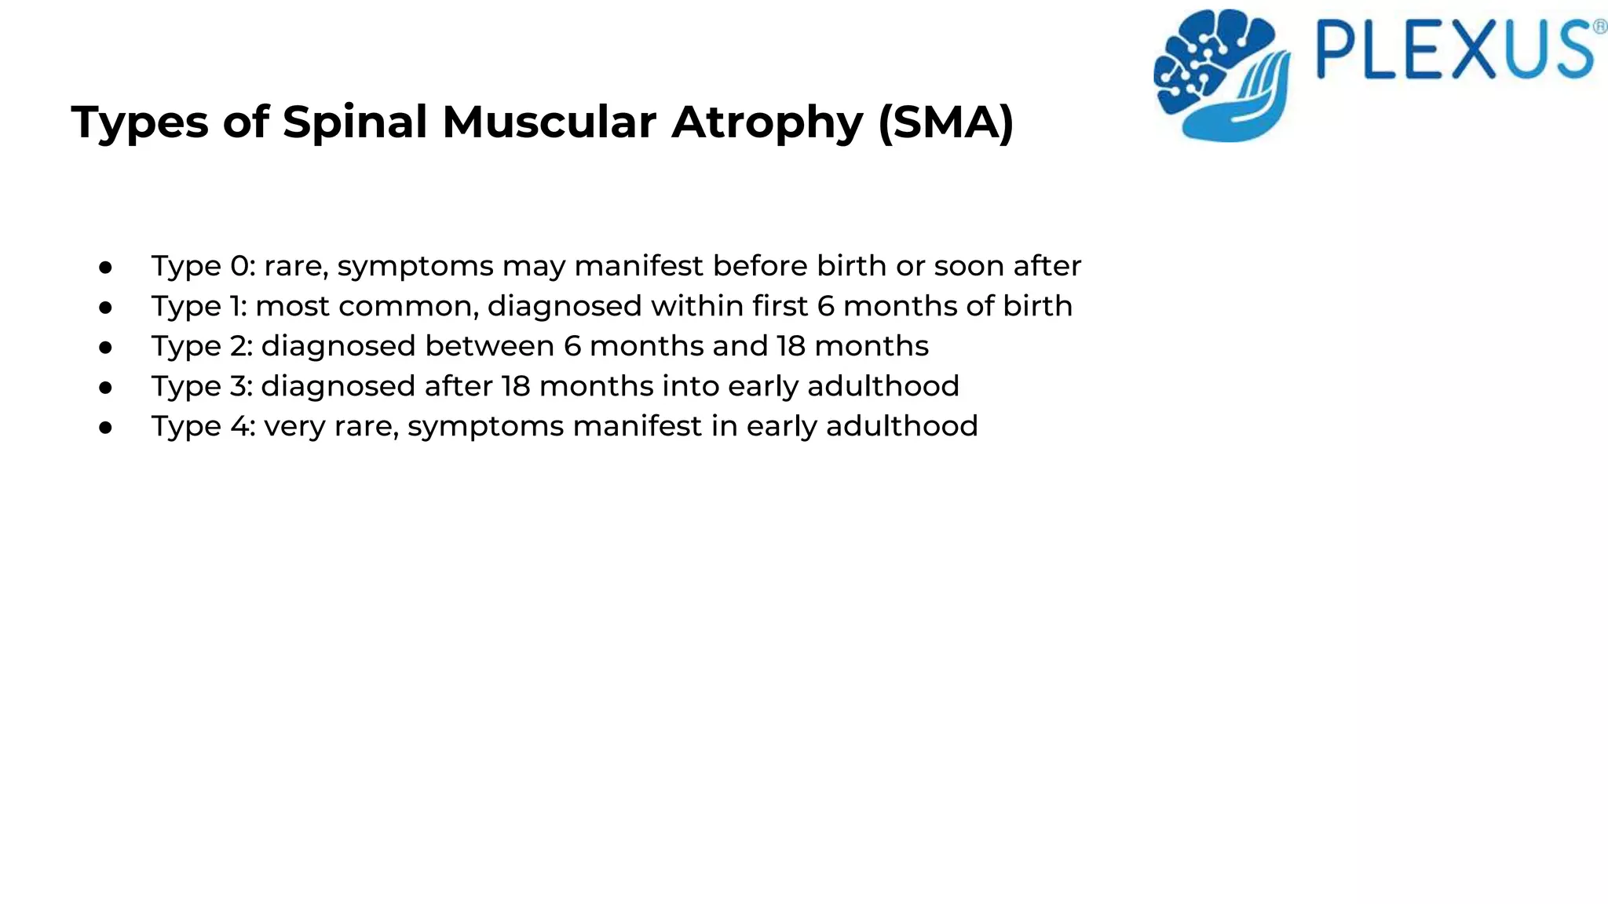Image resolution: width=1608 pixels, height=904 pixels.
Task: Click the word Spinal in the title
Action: pos(354,123)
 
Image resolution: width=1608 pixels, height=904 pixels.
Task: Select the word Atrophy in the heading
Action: pos(767,123)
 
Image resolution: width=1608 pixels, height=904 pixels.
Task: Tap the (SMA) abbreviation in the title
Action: pos(946,123)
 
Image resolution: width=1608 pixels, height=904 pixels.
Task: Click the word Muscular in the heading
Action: pos(549,123)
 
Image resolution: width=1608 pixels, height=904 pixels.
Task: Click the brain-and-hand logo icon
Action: pos(1221,75)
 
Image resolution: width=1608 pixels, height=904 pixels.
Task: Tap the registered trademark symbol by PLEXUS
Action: pos(1599,28)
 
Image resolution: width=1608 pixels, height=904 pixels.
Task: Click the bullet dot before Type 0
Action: pos(106,268)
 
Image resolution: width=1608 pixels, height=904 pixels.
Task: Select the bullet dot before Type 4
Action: pos(106,428)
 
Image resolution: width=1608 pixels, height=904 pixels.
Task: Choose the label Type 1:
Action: pos(199,306)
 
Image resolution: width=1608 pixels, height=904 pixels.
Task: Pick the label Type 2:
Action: pos(202,346)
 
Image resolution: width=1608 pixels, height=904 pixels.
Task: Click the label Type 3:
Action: pos(202,386)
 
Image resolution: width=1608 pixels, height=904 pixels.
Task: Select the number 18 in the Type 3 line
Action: pos(516,386)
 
